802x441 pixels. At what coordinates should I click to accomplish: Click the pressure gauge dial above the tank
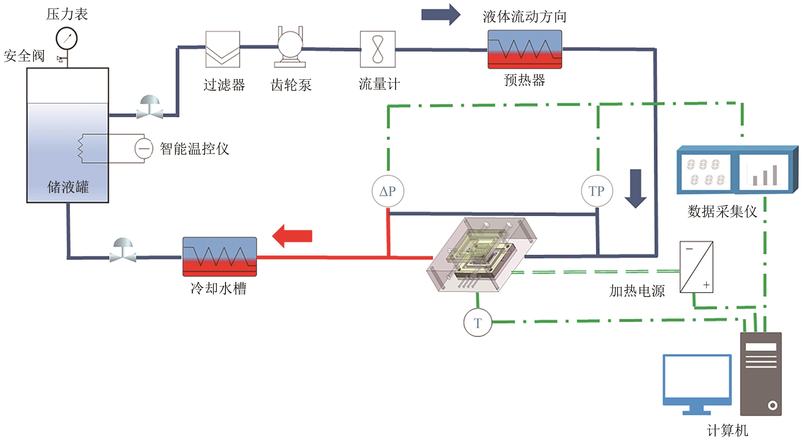coord(66,38)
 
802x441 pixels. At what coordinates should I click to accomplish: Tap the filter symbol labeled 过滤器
coord(222,49)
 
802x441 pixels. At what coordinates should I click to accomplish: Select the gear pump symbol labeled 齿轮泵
coord(290,47)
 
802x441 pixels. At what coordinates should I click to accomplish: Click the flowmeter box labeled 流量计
coord(378,49)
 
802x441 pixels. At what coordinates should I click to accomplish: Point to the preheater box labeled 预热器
coord(525,49)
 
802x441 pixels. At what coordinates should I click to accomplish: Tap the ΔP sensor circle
coord(388,191)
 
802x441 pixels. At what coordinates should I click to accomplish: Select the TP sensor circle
coord(597,191)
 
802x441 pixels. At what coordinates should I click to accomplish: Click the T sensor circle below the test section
coord(478,323)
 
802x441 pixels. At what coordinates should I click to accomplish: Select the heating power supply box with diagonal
coord(696,267)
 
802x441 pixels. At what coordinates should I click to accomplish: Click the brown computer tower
coord(761,374)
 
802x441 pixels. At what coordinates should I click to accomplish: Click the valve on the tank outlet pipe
coord(150,108)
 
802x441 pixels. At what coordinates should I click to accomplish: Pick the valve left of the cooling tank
coord(123,250)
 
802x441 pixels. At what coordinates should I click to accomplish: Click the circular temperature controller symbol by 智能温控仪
coord(144,149)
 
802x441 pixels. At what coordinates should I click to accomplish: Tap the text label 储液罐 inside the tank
coord(68,187)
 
